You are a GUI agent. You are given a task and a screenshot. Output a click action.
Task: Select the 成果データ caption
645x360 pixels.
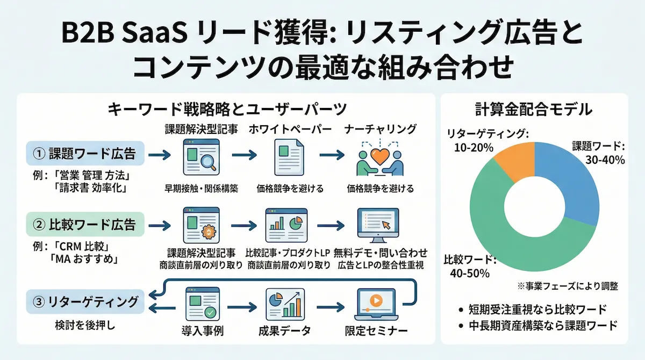pos(285,331)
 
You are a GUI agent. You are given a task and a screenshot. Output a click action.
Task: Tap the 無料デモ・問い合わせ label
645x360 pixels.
pos(381,252)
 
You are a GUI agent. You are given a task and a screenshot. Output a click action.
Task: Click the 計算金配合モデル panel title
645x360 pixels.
pos(534,110)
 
